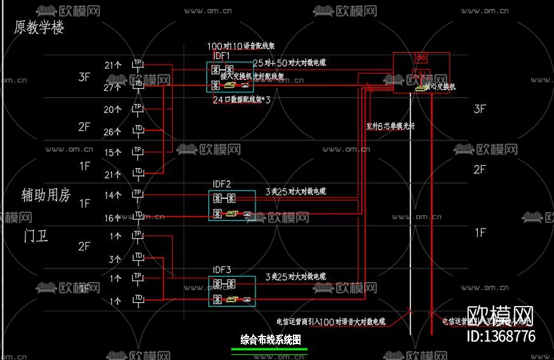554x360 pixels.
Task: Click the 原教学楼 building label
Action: tap(39, 28)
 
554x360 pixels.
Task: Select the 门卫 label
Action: tap(36, 236)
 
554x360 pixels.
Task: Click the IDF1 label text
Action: tap(222, 56)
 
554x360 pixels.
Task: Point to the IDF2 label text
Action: tap(222, 184)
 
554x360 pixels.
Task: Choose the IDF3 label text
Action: tap(222, 270)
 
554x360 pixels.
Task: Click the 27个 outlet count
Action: tap(112, 88)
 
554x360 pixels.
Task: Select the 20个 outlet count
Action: tap(112, 109)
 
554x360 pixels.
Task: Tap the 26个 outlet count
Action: tap(112, 131)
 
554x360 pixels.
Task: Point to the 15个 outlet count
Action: tap(112, 152)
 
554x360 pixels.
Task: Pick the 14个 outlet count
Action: tap(112, 196)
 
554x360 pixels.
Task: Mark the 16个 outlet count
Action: tap(112, 218)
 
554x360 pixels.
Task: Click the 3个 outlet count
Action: tap(115, 259)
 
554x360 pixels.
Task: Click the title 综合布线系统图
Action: tap(269, 340)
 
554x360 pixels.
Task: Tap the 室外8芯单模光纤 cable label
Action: tap(391, 126)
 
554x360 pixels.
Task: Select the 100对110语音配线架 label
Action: tap(241, 46)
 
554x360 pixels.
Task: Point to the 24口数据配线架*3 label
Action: tap(241, 100)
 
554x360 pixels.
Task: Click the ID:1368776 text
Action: tap(501, 337)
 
